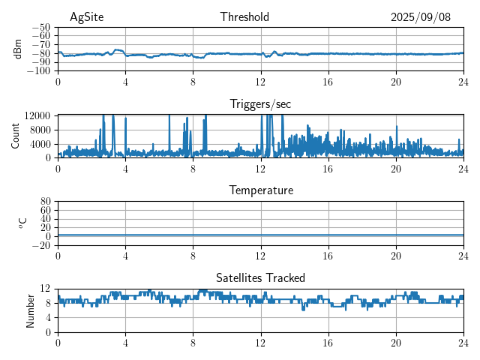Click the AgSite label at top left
pyautogui.click(x=86, y=17)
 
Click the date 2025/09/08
pyautogui.click(x=421, y=17)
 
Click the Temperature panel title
pyautogui.click(x=260, y=190)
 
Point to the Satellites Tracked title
pyautogui.click(x=260, y=277)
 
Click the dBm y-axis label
pyautogui.click(x=19, y=49)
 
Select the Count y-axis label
pyautogui.click(x=16, y=136)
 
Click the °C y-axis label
pyautogui.click(x=23, y=223)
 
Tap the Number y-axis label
pyautogui.click(x=31, y=309)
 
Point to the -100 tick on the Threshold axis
pyautogui.click(x=40, y=71)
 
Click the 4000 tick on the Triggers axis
pyautogui.click(x=40, y=143)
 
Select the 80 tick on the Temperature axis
pyautogui.click(x=46, y=202)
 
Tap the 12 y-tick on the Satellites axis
pyautogui.click(x=46, y=289)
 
